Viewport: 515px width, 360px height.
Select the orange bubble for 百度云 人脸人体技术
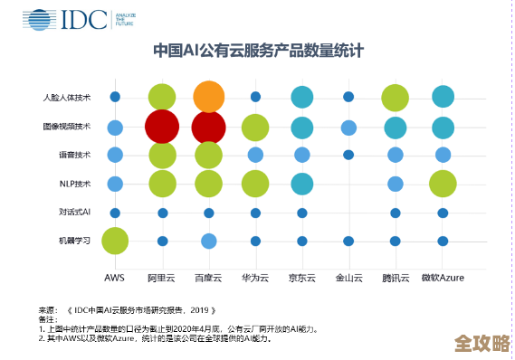(x=208, y=97)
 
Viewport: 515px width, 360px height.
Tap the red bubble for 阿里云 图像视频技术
(x=162, y=127)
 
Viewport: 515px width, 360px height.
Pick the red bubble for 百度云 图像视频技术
(x=208, y=127)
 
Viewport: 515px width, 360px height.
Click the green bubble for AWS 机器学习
(x=115, y=241)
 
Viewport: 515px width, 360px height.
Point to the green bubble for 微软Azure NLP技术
(x=443, y=184)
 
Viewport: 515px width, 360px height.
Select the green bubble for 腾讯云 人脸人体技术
(x=396, y=97)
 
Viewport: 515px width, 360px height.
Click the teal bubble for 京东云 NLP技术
(x=302, y=184)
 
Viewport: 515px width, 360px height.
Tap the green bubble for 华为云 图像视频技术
(x=255, y=128)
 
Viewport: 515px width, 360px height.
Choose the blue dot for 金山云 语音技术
(x=348, y=155)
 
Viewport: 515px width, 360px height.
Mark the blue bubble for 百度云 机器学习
(x=208, y=241)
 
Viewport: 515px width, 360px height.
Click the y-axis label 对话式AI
(x=74, y=213)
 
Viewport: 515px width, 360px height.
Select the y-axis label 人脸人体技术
(x=67, y=97)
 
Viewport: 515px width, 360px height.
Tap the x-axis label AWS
(x=114, y=277)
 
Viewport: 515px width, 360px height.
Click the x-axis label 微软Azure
(x=443, y=277)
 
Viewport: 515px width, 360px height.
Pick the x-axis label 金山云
(x=348, y=277)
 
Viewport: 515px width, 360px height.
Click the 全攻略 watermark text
(x=479, y=343)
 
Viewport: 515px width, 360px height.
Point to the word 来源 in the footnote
(x=46, y=309)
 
